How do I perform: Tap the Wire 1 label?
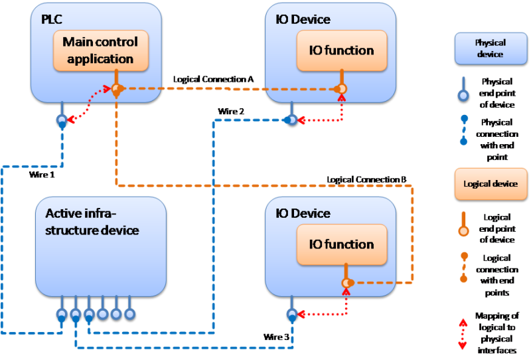pyautogui.click(x=41, y=175)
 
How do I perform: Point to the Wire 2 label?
pyautogui.click(x=231, y=111)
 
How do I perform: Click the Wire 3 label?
pyautogui.click(x=276, y=337)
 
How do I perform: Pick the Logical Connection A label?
pyautogui.click(x=213, y=79)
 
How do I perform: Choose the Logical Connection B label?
pyautogui.click(x=367, y=179)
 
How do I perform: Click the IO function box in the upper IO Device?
pyautogui.click(x=341, y=50)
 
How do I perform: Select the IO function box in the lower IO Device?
pyautogui.click(x=341, y=244)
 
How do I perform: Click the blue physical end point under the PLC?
pyautogui.click(x=62, y=121)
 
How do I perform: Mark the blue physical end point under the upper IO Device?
pyautogui.click(x=290, y=120)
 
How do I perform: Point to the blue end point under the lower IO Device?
pyautogui.click(x=290, y=314)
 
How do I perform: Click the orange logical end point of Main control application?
pyautogui.click(x=116, y=88)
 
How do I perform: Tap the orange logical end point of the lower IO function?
pyautogui.click(x=346, y=284)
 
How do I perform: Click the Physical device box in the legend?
pyautogui.click(x=490, y=48)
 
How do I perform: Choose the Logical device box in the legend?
pyautogui.click(x=490, y=183)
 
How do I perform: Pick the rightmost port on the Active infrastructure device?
pyautogui.click(x=129, y=313)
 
